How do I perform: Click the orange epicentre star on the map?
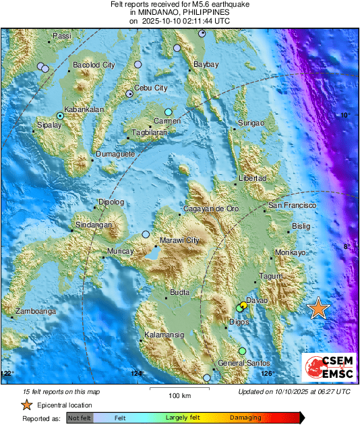[318, 308]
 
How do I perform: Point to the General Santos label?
[239, 364]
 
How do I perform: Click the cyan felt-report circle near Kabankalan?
[60, 116]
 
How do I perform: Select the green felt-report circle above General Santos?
[242, 351]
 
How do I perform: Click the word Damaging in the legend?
[245, 418]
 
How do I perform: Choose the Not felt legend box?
[80, 418]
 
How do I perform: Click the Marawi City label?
[179, 240]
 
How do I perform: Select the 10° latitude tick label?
[344, 115]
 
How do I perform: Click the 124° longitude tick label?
[137, 373]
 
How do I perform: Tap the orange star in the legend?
[26, 405]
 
